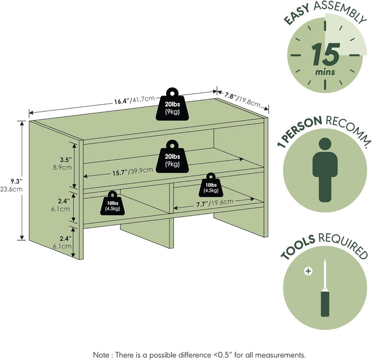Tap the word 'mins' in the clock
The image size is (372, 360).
[x=325, y=72]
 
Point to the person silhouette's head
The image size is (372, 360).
[x=324, y=145]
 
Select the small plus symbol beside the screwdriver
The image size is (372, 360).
[x=308, y=270]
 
